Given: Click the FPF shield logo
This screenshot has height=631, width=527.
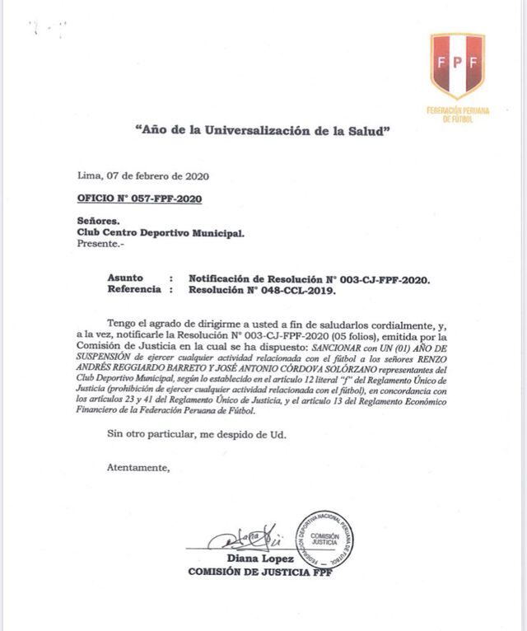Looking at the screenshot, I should tap(457, 65).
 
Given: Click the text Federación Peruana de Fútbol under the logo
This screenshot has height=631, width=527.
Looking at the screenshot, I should tap(457, 114).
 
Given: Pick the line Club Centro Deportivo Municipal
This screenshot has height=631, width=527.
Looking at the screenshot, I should tap(160, 233).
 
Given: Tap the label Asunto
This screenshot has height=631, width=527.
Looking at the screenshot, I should tap(125, 279).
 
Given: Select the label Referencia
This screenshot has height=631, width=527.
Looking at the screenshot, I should tap(136, 290).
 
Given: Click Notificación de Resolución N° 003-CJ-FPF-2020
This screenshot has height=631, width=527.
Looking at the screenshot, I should tap(321, 279).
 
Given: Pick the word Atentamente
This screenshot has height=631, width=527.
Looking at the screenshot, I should tap(138, 468).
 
